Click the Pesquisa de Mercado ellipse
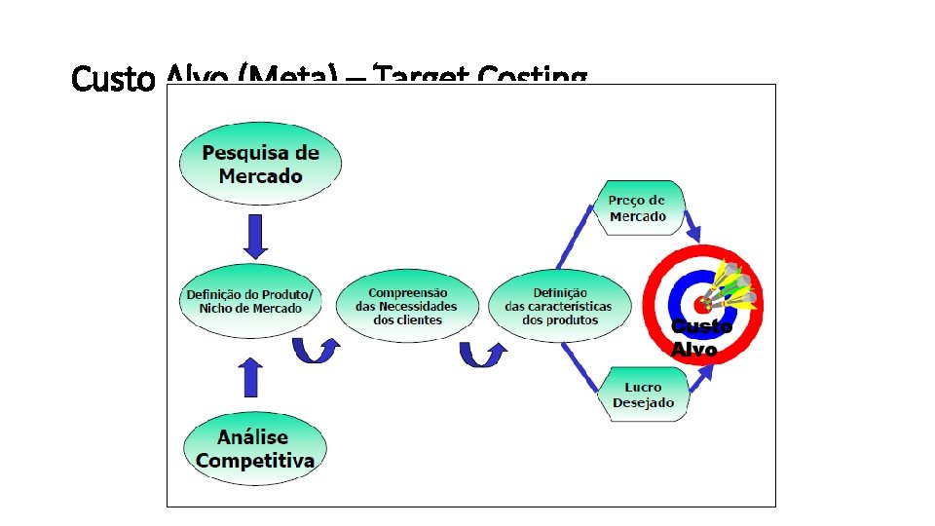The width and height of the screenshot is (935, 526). [260, 165]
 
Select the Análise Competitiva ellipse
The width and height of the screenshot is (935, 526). [255, 449]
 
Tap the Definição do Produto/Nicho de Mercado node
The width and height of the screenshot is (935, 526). [250, 301]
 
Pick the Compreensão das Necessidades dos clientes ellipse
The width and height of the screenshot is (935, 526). [407, 306]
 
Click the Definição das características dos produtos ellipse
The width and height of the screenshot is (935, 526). [558, 306]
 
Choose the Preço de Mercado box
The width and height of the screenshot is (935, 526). [638, 208]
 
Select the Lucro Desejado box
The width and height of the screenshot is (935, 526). [643, 394]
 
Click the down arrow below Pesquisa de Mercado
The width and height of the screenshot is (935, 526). [255, 235]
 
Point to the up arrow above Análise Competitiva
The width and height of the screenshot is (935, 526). [251, 376]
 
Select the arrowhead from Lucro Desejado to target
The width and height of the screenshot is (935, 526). [705, 373]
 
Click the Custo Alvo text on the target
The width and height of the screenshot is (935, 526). [699, 338]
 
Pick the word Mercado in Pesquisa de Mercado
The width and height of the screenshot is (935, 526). [260, 176]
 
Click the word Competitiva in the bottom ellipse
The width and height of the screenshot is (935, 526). [255, 460]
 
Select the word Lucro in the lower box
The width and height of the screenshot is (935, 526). [643, 387]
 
